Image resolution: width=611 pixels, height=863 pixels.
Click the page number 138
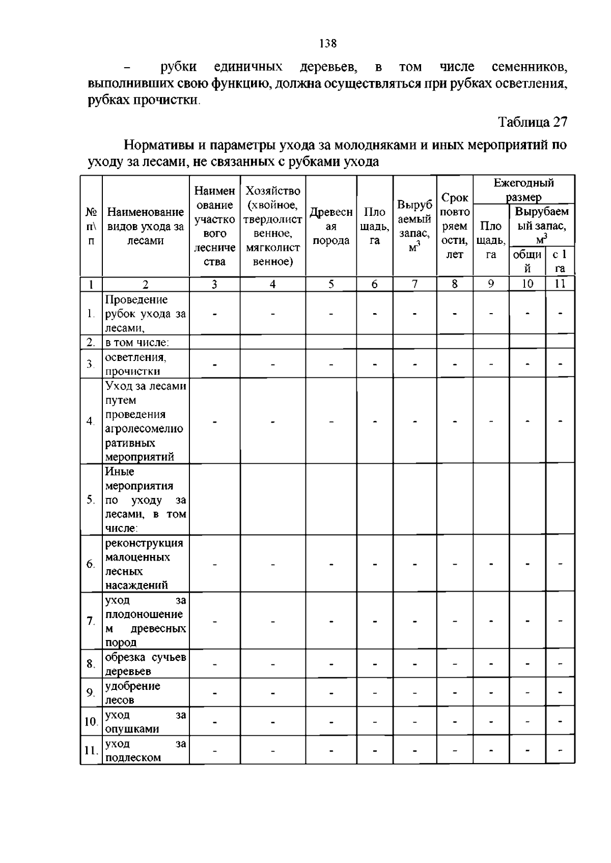click(x=328, y=44)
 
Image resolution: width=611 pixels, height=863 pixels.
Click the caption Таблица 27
click(x=532, y=122)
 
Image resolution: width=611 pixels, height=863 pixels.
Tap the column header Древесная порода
click(x=331, y=226)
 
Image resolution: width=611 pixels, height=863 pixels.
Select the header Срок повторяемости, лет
click(x=455, y=226)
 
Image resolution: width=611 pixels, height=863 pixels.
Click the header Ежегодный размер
click(x=523, y=189)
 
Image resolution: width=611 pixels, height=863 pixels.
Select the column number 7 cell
click(x=414, y=284)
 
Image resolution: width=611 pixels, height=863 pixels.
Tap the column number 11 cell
click(x=560, y=284)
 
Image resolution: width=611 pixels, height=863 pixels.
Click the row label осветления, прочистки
click(x=135, y=364)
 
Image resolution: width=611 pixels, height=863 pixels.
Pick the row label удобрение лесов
click(x=132, y=692)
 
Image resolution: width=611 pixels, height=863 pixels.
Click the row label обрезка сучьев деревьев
click(x=145, y=664)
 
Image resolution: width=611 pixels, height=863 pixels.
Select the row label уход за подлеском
click(x=145, y=750)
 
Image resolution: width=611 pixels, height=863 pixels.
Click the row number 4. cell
click(x=91, y=421)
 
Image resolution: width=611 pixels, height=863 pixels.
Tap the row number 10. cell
click(x=91, y=721)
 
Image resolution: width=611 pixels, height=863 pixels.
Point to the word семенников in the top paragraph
click(x=530, y=67)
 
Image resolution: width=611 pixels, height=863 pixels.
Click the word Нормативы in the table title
click(x=158, y=146)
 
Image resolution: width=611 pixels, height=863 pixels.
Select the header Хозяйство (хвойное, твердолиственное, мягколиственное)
click(x=272, y=226)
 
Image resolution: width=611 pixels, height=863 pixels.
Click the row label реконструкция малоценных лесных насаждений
click(x=144, y=564)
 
